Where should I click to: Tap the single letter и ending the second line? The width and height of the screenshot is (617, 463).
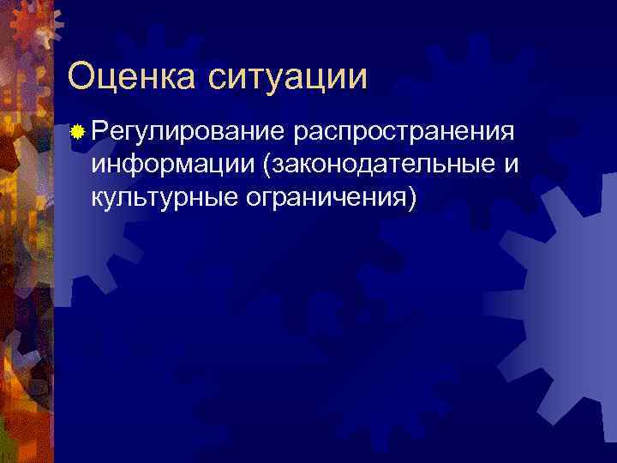511,165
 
